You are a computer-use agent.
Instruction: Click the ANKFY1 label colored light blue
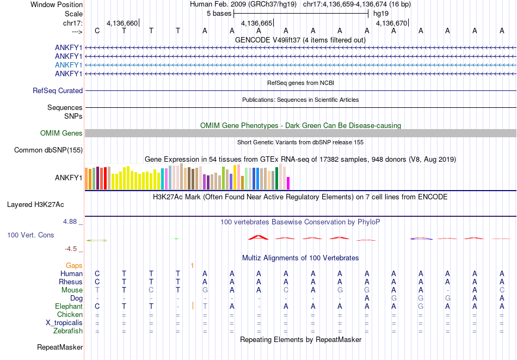point(69,65)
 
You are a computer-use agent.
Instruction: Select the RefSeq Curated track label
point(58,91)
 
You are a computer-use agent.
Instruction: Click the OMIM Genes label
point(61,133)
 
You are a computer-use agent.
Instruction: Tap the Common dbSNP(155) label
point(48,150)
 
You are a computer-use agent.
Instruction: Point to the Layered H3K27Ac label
point(35,205)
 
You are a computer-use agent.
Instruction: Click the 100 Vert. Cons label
point(31,235)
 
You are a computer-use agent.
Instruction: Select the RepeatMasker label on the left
point(60,347)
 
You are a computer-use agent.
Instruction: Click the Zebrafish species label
point(68,331)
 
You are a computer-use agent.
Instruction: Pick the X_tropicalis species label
point(64,322)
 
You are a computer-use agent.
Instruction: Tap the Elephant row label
point(68,306)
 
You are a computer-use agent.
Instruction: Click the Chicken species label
point(70,314)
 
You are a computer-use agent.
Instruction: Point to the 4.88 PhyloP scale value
point(71,222)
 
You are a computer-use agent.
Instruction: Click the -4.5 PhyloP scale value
point(71,249)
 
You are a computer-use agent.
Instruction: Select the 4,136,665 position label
point(256,23)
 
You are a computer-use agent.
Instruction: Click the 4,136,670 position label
point(391,23)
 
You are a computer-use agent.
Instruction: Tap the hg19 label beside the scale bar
point(381,13)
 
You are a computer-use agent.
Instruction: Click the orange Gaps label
point(74,265)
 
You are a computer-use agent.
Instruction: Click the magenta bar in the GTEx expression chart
point(288,183)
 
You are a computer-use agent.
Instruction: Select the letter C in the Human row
point(97,273)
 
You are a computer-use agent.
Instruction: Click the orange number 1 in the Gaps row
point(192,265)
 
